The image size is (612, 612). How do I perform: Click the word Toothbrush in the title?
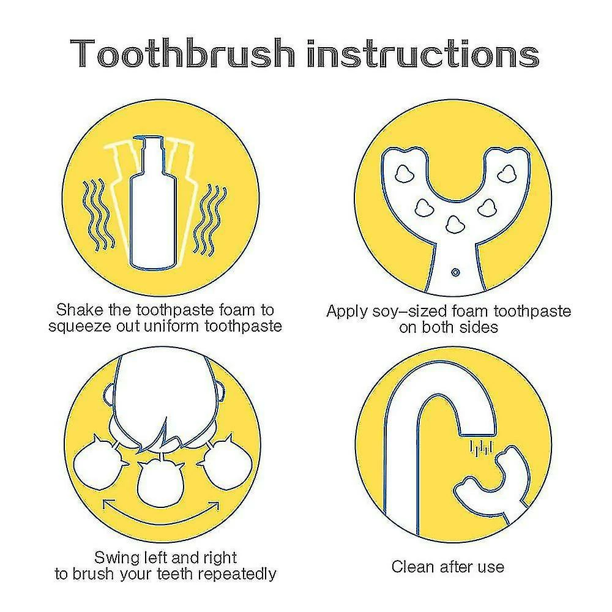coord(182,53)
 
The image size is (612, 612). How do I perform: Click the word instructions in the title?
coord(423,53)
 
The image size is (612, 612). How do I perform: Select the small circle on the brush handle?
coord(455,272)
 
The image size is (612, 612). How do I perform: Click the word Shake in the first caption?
coord(80,310)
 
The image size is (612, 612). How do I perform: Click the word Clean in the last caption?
coord(412,567)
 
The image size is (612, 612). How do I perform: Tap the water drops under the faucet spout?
coord(481,447)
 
